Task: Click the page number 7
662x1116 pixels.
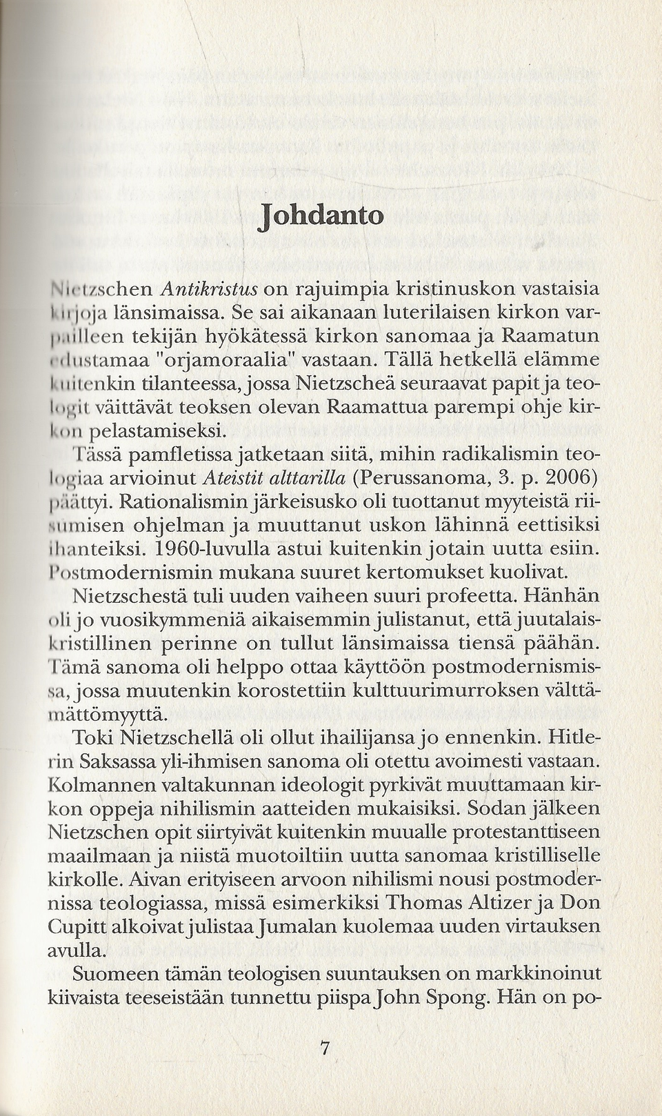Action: (324, 1049)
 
